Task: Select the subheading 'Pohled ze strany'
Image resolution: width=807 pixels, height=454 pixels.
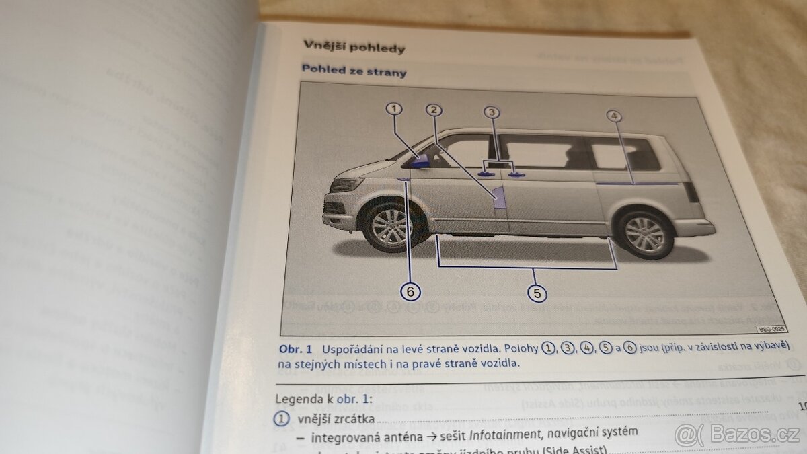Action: [x=354, y=70]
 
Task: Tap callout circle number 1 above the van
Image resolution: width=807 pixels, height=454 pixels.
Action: [x=394, y=108]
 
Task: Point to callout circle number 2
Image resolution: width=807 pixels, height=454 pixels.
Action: [x=434, y=110]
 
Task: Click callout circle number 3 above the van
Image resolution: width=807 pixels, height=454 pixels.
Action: [x=492, y=112]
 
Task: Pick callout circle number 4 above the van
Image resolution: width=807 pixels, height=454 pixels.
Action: [x=613, y=116]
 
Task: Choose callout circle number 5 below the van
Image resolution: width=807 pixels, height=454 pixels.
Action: [x=536, y=293]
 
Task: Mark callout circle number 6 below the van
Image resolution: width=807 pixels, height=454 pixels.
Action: [x=411, y=291]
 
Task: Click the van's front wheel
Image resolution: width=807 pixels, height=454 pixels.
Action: [x=391, y=226]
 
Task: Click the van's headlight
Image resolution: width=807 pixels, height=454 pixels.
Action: [x=347, y=184]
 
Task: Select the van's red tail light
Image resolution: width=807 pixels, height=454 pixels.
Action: [x=691, y=191]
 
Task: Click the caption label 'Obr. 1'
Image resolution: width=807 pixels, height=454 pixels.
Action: [x=296, y=350]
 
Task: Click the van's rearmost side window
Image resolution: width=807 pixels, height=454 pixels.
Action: [x=625, y=153]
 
